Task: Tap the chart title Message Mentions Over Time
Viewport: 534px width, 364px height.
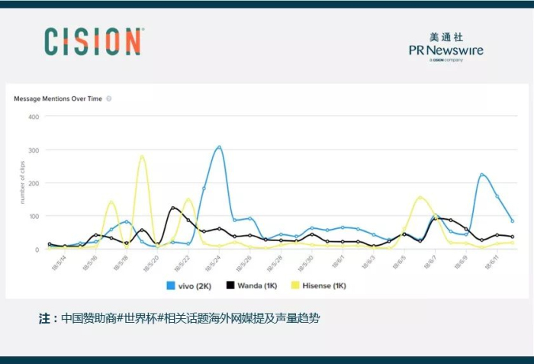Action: pyautogui.click(x=59, y=98)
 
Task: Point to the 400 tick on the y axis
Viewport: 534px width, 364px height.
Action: pyautogui.click(x=34, y=118)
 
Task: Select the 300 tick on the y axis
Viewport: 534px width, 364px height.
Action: pyautogui.click(x=34, y=150)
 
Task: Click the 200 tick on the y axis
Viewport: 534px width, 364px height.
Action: pyautogui.click(x=34, y=183)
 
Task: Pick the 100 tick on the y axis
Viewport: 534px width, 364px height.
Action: pyautogui.click(x=34, y=217)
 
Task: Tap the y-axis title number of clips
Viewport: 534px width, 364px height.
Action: pyautogui.click(x=23, y=183)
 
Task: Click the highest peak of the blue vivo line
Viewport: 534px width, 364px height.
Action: pyautogui.click(x=219, y=147)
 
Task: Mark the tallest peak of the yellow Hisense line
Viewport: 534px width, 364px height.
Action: pyautogui.click(x=142, y=156)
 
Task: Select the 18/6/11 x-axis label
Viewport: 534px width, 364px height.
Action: pyautogui.click(x=494, y=263)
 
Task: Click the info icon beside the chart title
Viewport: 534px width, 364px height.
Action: pyautogui.click(x=109, y=98)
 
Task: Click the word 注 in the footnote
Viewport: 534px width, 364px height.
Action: pyautogui.click(x=43, y=318)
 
